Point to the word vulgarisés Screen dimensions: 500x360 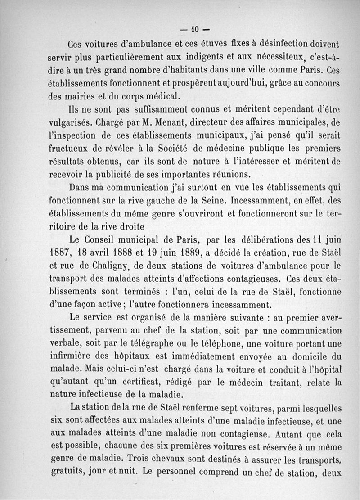tap(69, 122)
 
